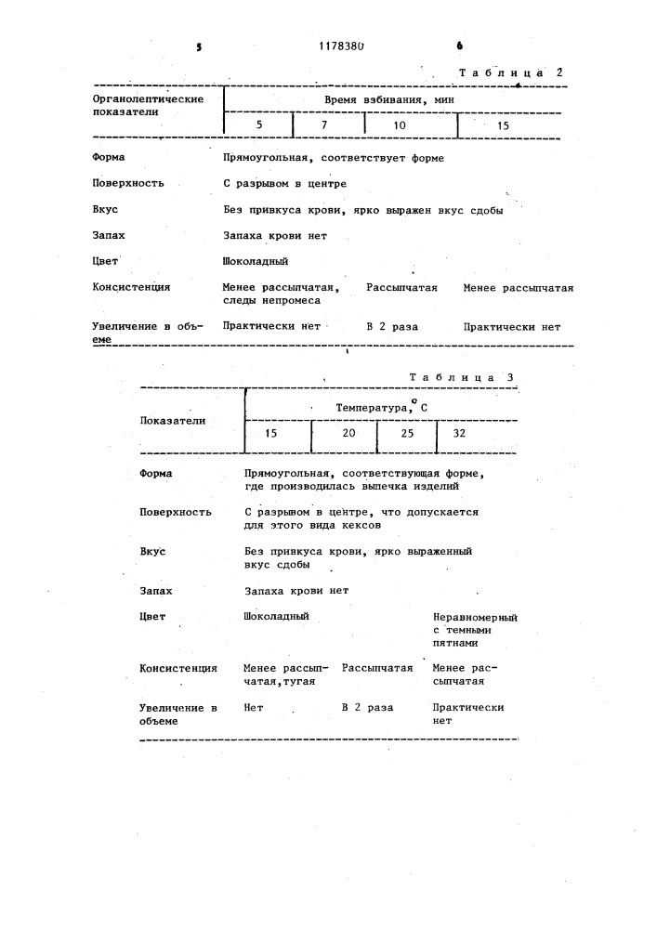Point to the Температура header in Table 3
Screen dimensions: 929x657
(x=380, y=407)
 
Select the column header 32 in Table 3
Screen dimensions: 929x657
(x=459, y=434)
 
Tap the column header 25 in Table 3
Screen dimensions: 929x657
(x=407, y=434)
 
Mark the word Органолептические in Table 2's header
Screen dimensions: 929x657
(x=149, y=98)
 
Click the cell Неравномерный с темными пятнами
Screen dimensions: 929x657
(x=475, y=629)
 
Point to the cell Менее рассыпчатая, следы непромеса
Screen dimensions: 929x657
(x=282, y=294)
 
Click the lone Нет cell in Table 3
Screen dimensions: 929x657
(x=254, y=707)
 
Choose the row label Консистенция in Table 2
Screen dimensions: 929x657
(x=132, y=287)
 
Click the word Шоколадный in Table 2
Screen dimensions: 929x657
(x=256, y=262)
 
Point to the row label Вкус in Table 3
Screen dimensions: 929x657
(x=152, y=552)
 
